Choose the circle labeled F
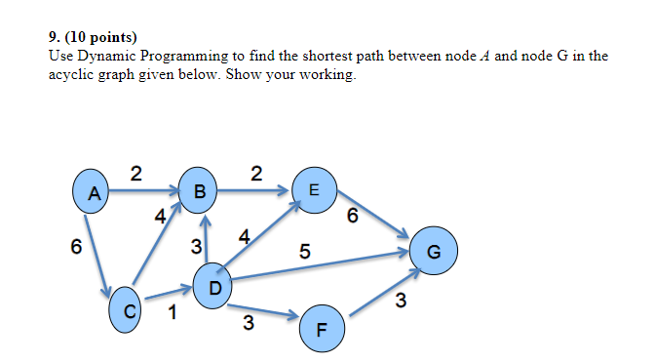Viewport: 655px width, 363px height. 323,327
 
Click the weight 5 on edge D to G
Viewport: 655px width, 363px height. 305,252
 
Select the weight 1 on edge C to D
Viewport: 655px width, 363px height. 173,312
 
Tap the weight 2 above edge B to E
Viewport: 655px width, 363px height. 255,173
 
